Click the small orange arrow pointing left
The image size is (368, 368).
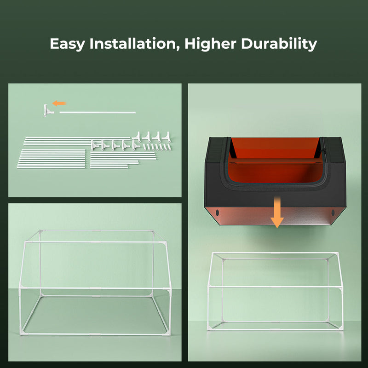[59, 103]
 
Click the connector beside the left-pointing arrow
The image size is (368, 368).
[48, 111]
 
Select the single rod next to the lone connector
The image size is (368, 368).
[98, 111]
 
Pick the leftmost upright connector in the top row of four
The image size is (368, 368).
[137, 137]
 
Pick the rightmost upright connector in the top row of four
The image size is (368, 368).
[165, 137]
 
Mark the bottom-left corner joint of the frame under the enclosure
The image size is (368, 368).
[213, 328]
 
